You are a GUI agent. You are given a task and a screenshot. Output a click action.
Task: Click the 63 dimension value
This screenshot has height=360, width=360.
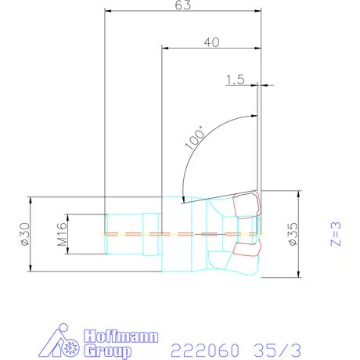(x=183, y=5)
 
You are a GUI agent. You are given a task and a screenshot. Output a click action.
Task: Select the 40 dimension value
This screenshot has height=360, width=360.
(x=211, y=42)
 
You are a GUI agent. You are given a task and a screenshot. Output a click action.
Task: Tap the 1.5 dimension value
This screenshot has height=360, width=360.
(x=236, y=80)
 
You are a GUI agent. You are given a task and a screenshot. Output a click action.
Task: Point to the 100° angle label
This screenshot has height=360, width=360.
(x=195, y=137)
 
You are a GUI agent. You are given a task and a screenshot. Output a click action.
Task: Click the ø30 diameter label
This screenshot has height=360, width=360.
(x=26, y=234)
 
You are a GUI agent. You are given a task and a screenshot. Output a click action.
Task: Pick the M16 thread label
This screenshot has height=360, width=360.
(x=63, y=234)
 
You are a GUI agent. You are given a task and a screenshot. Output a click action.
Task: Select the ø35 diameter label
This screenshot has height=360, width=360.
(x=293, y=234)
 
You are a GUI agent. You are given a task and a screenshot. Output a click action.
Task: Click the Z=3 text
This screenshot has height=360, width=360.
(x=336, y=234)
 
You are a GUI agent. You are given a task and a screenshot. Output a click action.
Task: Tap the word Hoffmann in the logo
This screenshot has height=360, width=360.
(x=121, y=337)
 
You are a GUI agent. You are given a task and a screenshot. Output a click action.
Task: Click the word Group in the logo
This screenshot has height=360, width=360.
(x=107, y=351)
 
